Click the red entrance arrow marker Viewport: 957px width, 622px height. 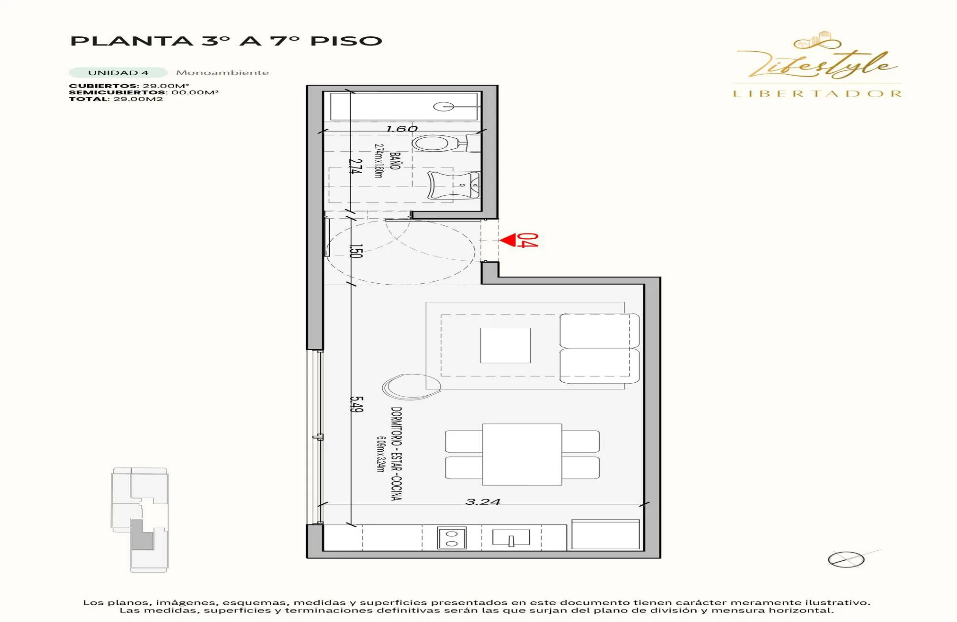508,240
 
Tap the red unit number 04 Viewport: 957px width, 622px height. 528,240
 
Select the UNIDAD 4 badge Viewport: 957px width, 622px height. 118,73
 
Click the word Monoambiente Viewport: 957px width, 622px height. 223,73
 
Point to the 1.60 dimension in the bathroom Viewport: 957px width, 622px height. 402,129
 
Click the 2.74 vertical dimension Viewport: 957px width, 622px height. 355,167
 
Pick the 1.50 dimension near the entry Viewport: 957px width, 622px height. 356,251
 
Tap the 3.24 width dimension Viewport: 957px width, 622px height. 483,502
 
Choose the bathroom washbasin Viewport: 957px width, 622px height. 453,185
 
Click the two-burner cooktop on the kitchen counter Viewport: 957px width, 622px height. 452,538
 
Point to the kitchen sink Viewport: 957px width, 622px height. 511,538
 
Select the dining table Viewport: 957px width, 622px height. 522,455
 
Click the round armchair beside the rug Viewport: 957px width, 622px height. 412,387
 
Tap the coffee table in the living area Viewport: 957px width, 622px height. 505,345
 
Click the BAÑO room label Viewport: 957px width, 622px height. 395,161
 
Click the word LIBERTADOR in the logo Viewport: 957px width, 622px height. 817,94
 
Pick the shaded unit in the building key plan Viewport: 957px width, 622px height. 142,535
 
